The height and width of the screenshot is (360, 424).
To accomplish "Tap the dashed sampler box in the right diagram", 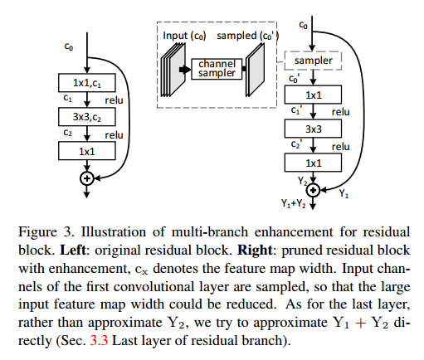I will pyautogui.click(x=314, y=61).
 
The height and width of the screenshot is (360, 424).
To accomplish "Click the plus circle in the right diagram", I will pyautogui.click(x=314, y=190).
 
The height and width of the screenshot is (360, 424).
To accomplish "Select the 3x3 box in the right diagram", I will pyautogui.click(x=314, y=129).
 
